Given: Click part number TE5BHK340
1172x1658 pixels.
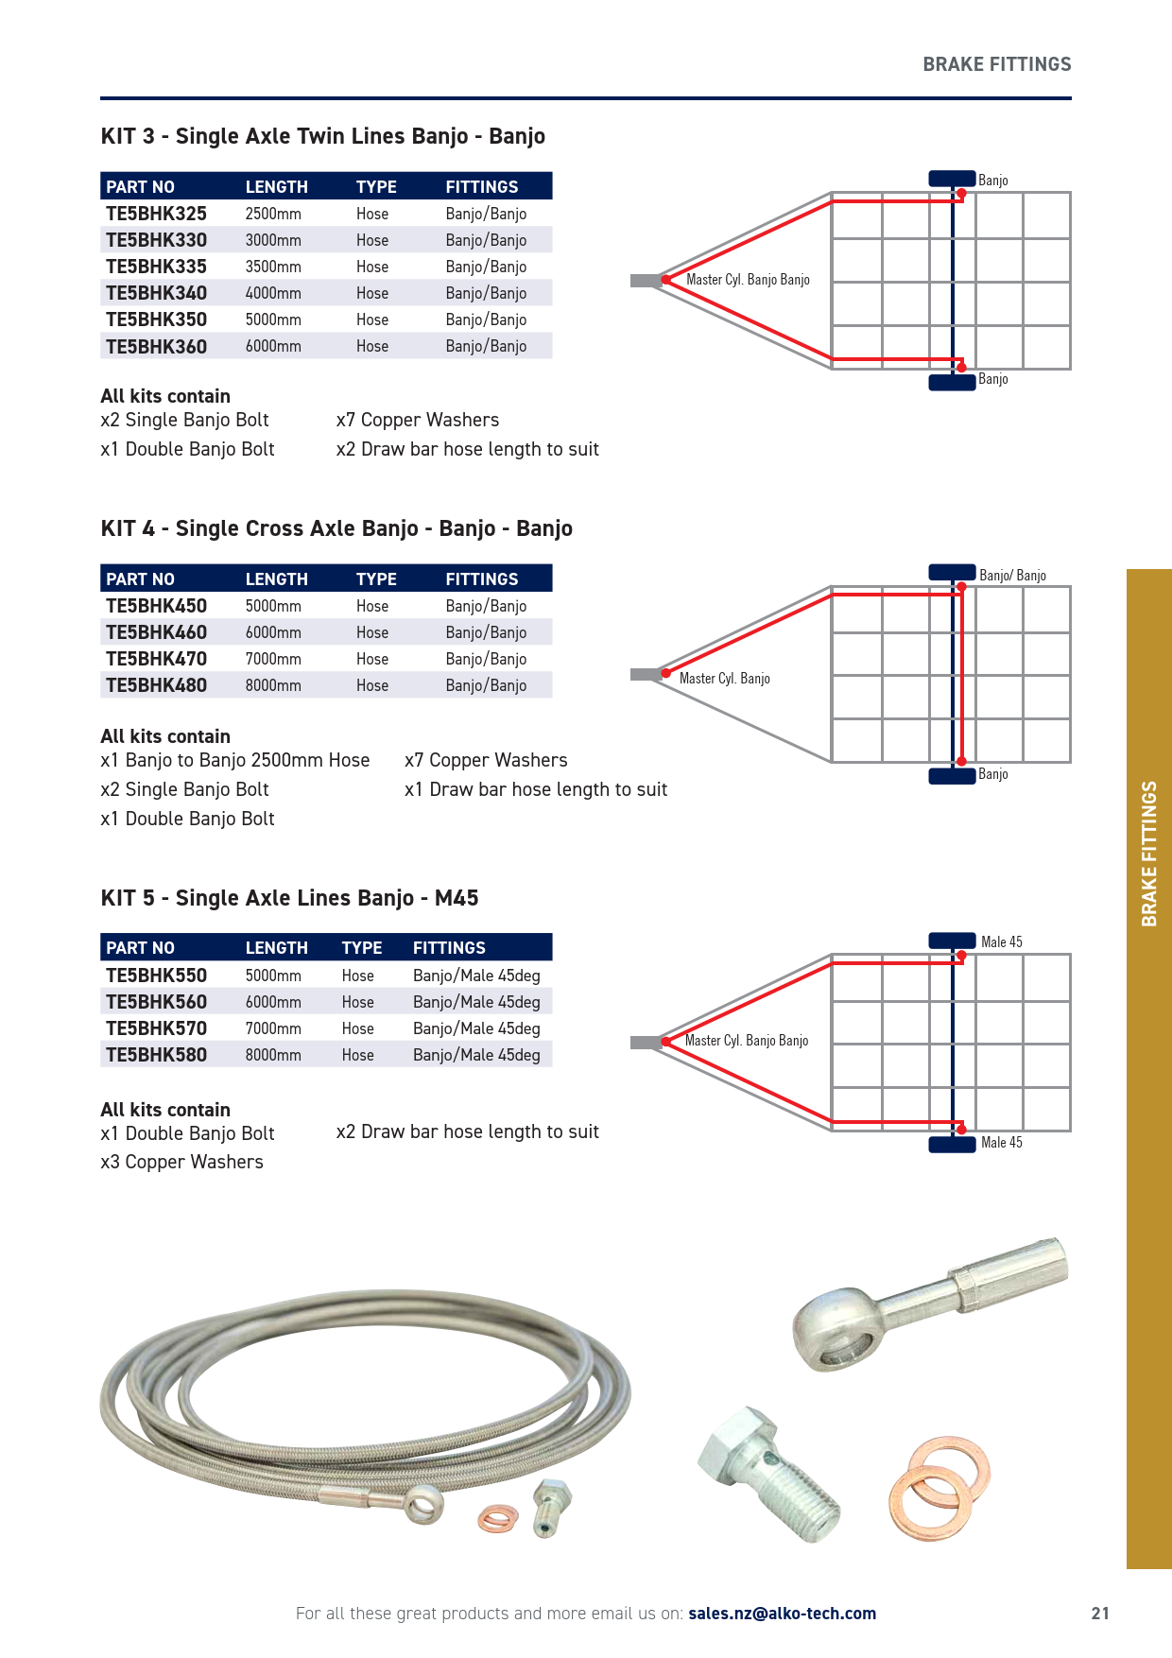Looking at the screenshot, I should point(156,293).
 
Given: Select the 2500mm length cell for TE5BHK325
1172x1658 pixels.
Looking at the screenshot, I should point(273,214).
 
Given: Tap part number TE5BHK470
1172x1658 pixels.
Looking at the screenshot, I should point(156,659).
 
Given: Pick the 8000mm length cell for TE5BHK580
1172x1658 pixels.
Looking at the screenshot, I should point(273,1055).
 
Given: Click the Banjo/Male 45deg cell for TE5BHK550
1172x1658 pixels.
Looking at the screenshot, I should point(476,976).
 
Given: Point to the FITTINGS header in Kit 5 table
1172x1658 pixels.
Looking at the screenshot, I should point(449,948).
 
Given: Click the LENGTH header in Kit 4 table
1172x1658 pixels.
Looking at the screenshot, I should point(276,579).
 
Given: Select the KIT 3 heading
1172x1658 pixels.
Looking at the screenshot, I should point(322,136).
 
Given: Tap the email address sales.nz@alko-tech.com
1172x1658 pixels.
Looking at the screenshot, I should point(782,1614).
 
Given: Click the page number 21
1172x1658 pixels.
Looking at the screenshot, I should point(1100,1614).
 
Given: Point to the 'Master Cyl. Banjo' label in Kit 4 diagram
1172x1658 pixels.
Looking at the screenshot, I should point(724,679).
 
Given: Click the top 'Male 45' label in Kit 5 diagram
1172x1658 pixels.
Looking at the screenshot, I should point(1001,942).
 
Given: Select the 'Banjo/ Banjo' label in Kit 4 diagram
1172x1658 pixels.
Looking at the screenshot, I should point(1012,576).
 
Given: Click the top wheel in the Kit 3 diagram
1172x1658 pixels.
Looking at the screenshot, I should point(952,179).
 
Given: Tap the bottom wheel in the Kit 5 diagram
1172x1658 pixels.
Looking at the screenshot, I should point(952,1145).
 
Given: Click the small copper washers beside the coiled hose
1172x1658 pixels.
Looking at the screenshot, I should point(498,1518).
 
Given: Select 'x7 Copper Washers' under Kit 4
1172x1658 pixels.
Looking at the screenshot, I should point(486,760).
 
